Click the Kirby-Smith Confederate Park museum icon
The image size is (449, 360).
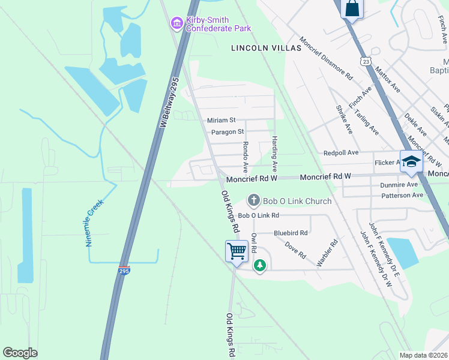[x=176, y=23]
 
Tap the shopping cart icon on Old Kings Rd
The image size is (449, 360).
[x=237, y=251]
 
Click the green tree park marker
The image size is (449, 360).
[x=259, y=265]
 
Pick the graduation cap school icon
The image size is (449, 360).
[x=411, y=161]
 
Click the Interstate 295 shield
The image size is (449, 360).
[x=124, y=270]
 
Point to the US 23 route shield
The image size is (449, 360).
[x=366, y=61]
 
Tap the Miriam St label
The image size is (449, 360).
[x=221, y=121]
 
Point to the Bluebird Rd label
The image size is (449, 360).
[x=291, y=233]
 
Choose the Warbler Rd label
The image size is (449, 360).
[x=328, y=254]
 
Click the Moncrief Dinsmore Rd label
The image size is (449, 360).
[x=326, y=60]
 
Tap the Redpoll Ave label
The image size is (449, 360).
[x=340, y=154]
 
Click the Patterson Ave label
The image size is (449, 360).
[x=402, y=195]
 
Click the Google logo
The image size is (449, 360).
[x=20, y=353]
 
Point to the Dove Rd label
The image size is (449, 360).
[x=292, y=247]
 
